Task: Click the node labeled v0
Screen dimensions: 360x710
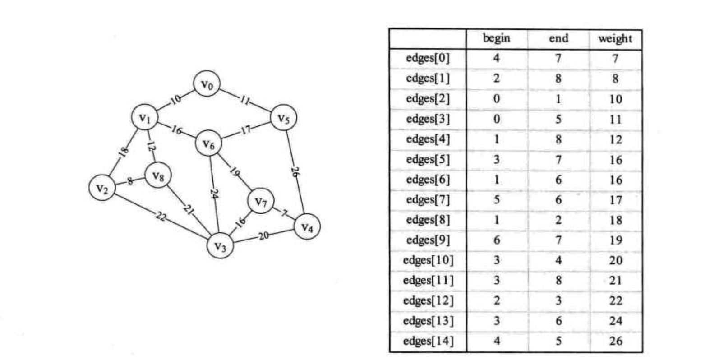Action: (207, 84)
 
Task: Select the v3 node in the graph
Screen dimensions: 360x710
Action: (220, 246)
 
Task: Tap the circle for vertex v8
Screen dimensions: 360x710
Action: (157, 176)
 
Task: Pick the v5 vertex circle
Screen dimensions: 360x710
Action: (283, 119)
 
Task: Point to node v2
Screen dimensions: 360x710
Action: (102, 189)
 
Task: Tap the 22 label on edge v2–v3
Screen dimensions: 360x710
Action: (161, 217)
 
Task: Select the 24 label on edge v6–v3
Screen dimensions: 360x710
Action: (214, 194)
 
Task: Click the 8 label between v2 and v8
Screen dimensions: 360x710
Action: (130, 181)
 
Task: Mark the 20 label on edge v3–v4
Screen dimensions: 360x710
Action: (263, 235)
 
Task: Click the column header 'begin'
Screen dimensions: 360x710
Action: (496, 39)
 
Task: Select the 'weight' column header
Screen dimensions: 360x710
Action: (615, 39)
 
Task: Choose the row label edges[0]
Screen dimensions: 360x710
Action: (428, 59)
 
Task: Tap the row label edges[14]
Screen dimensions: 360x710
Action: (428, 341)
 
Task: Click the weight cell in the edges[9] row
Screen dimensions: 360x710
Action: (615, 240)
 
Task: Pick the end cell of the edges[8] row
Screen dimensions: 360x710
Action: (558, 220)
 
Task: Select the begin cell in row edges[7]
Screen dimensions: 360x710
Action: (496, 200)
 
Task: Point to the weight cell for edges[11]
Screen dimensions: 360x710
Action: (615, 281)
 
